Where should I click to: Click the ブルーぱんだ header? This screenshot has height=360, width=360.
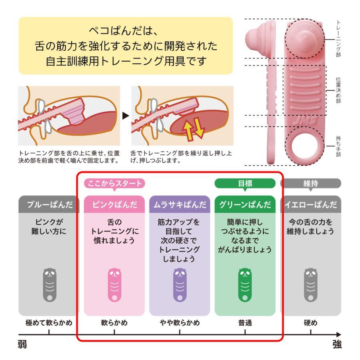coord(49,205)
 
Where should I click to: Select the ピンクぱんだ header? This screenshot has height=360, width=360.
coord(114,205)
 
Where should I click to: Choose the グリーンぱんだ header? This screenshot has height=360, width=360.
coord(245,205)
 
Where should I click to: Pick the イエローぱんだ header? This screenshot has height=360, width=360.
coord(311,205)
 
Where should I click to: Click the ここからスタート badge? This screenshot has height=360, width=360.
coord(114,184)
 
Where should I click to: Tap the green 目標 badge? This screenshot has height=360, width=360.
coord(245,184)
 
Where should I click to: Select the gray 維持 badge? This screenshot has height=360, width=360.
coord(311,184)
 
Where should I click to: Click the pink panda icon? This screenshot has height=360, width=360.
coord(114,285)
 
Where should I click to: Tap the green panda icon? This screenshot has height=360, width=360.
coord(245,285)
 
